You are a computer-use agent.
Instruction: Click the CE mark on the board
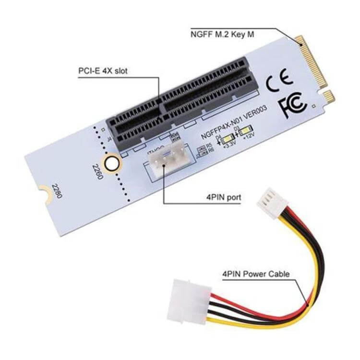click(277, 82)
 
